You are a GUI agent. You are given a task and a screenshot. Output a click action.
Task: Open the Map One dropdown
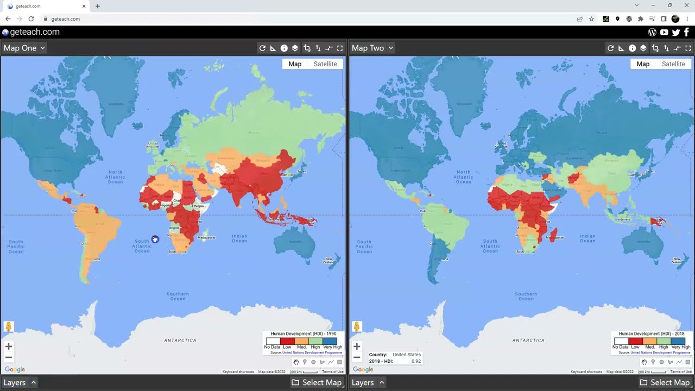click(24, 48)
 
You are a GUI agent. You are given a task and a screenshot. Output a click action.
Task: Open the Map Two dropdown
click(372, 48)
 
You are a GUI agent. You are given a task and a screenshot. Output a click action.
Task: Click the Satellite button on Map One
click(325, 64)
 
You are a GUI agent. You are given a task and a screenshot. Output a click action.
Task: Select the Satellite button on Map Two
click(673, 64)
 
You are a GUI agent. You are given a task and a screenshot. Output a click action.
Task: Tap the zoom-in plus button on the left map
click(9, 346)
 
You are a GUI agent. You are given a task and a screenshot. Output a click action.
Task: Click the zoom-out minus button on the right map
click(357, 357)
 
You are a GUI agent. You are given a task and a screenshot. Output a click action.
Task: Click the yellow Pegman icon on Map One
click(9, 326)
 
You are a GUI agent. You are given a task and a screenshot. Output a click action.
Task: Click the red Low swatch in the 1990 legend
click(287, 341)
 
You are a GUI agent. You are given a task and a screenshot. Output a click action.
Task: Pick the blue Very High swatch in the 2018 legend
click(678, 341)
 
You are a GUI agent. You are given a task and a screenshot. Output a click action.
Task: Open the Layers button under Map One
click(20, 382)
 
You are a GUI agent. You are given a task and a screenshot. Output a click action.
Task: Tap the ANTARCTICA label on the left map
click(180, 340)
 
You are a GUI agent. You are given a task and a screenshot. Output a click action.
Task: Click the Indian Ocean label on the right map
click(587, 238)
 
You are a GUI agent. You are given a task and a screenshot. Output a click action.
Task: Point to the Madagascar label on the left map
click(206, 238)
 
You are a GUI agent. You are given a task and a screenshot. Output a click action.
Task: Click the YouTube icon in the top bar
click(664, 33)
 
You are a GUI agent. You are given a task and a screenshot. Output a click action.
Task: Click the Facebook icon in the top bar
click(687, 33)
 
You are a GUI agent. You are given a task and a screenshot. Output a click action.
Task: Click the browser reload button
click(31, 19)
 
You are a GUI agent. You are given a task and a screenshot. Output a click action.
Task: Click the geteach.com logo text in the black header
click(34, 32)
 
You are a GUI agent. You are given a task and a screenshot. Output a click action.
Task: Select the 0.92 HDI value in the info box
click(416, 361)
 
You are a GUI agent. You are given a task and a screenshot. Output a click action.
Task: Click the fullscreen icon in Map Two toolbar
click(688, 48)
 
